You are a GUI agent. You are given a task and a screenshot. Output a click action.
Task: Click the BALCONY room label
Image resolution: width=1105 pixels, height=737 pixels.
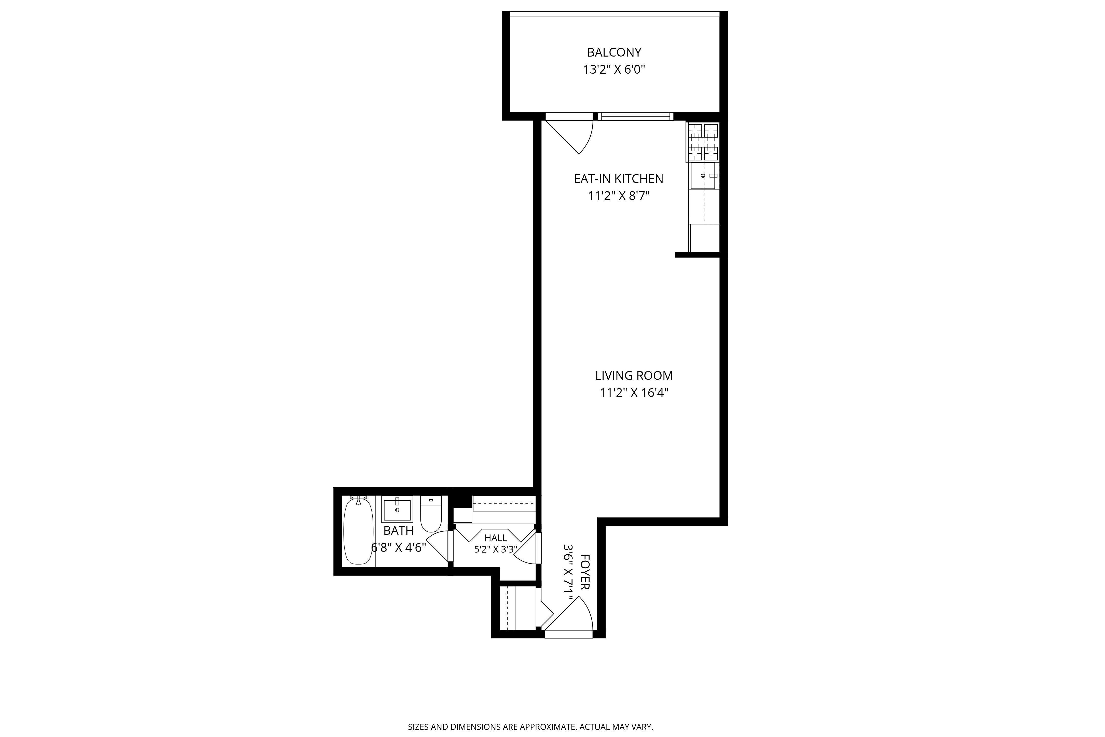614,52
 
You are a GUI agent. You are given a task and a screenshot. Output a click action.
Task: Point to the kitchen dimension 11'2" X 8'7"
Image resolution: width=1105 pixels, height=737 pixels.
618,196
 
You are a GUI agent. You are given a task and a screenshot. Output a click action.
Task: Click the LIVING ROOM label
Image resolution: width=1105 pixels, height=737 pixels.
634,376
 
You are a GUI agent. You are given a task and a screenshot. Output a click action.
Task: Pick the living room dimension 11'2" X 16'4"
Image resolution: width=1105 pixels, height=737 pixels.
634,393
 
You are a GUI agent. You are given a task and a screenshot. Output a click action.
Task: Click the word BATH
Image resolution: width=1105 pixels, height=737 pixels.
398,531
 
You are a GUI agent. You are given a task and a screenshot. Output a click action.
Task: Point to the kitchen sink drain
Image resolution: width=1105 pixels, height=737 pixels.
703,176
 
